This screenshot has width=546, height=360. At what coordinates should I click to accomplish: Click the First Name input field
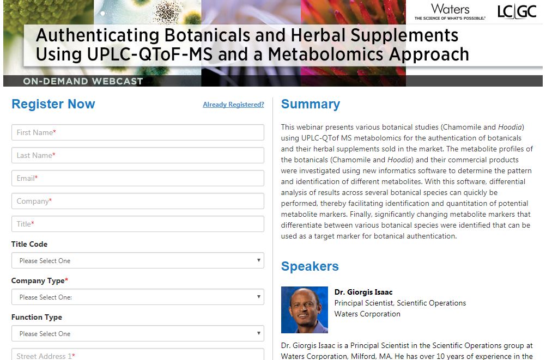coord(137,132)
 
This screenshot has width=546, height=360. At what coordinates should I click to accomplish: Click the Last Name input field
coord(137,155)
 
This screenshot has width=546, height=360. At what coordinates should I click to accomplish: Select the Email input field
coord(137,178)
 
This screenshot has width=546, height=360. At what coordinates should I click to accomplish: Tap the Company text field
coord(137,201)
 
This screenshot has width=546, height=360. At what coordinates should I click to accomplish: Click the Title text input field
coord(137,224)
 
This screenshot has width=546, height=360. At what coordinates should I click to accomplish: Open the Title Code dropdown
coord(137,260)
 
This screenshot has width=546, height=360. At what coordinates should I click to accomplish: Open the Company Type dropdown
coord(137,297)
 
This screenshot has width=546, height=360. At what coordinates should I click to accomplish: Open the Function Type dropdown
coord(137,333)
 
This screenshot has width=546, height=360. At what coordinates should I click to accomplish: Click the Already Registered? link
coord(233,105)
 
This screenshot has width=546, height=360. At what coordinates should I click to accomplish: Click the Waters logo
coord(450,11)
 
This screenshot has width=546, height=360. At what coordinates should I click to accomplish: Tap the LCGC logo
coord(517,11)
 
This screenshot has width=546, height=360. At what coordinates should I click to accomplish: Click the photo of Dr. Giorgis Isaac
coord(305,310)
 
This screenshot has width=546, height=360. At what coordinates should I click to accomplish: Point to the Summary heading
coord(311,104)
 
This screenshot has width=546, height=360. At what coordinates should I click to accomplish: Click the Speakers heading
coord(310,266)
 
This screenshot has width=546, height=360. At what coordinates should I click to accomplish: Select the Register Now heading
coord(53,104)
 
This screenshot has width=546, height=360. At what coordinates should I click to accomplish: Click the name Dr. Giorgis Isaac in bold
coord(363,292)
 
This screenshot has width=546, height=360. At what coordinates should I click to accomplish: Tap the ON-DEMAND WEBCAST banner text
coord(83,81)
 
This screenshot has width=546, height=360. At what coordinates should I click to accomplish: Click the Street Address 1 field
coord(137,354)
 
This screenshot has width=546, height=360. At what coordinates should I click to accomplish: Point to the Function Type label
coord(37,317)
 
